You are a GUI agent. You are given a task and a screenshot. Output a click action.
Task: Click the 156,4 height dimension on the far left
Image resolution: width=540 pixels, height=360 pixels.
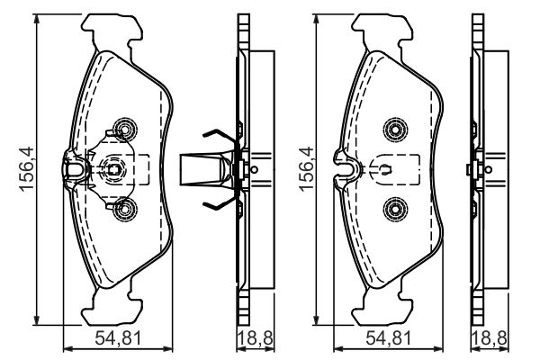click(x=26, y=169)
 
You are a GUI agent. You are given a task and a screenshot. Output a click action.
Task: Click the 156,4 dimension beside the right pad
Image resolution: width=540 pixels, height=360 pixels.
click(x=307, y=169)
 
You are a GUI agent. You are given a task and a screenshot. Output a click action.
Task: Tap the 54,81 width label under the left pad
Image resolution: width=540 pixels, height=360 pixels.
click(x=118, y=338)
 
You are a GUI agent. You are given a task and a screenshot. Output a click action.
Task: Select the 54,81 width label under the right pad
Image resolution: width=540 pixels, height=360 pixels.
click(x=389, y=338)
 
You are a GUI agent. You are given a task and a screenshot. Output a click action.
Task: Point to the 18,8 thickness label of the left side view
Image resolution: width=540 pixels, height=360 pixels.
click(x=256, y=338)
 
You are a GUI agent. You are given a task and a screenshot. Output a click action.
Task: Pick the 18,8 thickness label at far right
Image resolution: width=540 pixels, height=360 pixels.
click(x=490, y=338)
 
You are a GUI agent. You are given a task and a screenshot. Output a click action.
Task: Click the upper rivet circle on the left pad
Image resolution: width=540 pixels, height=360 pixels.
click(x=125, y=130)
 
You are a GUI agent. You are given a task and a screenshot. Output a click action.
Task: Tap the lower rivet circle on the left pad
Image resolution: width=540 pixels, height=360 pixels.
click(x=125, y=209)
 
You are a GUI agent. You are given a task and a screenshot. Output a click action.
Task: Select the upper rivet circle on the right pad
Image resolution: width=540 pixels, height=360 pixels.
click(x=395, y=130)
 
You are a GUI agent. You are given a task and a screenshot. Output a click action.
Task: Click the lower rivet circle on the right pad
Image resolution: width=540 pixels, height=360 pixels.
click(x=395, y=209)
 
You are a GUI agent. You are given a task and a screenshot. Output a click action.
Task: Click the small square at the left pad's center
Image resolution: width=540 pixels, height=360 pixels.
click(x=113, y=169)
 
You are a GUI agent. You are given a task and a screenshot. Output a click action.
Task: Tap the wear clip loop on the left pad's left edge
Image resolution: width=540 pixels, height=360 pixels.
click(x=75, y=169)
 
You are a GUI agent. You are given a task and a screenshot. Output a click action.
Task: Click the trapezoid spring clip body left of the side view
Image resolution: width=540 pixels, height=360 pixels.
click(x=207, y=169)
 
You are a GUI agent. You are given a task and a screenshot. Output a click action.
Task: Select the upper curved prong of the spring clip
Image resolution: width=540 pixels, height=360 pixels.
click(x=220, y=135)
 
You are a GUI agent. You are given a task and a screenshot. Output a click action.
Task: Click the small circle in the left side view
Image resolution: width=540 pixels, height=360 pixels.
click(x=254, y=169)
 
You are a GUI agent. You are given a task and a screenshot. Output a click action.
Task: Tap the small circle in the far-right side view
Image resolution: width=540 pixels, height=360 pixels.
click(x=488, y=169)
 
